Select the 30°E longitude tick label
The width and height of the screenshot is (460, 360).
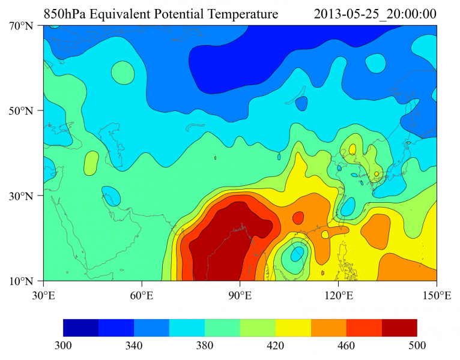click(x=43, y=295)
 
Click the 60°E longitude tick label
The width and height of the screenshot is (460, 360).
click(x=142, y=295)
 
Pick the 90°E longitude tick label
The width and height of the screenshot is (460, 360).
click(x=240, y=295)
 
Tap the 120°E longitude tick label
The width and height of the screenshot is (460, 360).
click(x=338, y=295)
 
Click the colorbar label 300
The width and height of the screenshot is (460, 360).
click(x=63, y=346)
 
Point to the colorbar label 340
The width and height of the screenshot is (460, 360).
click(x=134, y=346)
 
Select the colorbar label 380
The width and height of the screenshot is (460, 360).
click(x=205, y=346)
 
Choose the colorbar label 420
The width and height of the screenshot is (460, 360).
click(x=276, y=346)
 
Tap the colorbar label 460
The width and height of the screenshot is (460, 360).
click(x=347, y=346)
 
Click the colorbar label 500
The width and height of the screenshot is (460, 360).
click(x=417, y=346)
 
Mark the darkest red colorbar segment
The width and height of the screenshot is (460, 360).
click(x=399, y=328)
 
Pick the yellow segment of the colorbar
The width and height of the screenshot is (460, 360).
click(x=293, y=328)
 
